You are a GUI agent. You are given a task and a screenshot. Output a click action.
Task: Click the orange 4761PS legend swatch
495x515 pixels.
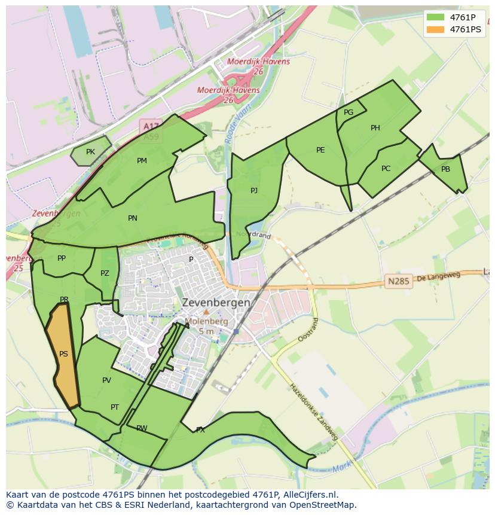(x=436, y=29)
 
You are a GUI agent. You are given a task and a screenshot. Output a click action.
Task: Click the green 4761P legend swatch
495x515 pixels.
(x=436, y=17)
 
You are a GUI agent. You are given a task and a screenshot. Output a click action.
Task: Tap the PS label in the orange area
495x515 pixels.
(x=63, y=354)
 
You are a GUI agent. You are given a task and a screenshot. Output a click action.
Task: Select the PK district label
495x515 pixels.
(x=90, y=152)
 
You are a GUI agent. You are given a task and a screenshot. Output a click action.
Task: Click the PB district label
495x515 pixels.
(x=445, y=169)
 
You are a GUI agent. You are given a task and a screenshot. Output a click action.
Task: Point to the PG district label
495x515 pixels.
(x=349, y=112)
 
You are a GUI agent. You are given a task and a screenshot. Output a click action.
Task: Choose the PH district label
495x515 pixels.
(x=375, y=128)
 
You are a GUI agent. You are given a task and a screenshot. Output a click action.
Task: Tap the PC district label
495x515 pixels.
(x=386, y=169)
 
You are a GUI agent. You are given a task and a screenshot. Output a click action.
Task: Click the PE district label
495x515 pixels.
(x=320, y=150)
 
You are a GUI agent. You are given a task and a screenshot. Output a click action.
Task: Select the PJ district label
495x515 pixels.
(x=254, y=191)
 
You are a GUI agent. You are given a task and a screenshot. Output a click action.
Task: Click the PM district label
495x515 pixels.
(x=142, y=161)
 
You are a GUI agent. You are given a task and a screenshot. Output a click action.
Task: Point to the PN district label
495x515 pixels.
(x=133, y=218)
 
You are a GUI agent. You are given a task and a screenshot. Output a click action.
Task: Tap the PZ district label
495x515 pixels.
(x=105, y=273)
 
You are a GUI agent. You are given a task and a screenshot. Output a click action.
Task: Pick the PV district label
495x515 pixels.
(x=106, y=380)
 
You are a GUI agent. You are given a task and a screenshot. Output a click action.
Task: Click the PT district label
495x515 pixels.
(x=115, y=407)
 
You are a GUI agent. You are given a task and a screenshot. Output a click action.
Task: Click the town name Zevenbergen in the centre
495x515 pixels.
(x=216, y=303)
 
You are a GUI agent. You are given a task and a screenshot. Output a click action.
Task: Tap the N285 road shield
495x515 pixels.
(x=398, y=281)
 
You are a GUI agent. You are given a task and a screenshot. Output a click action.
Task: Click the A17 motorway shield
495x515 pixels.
(x=151, y=126)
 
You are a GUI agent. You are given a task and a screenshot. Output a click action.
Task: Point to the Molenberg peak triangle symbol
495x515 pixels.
(x=206, y=312)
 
